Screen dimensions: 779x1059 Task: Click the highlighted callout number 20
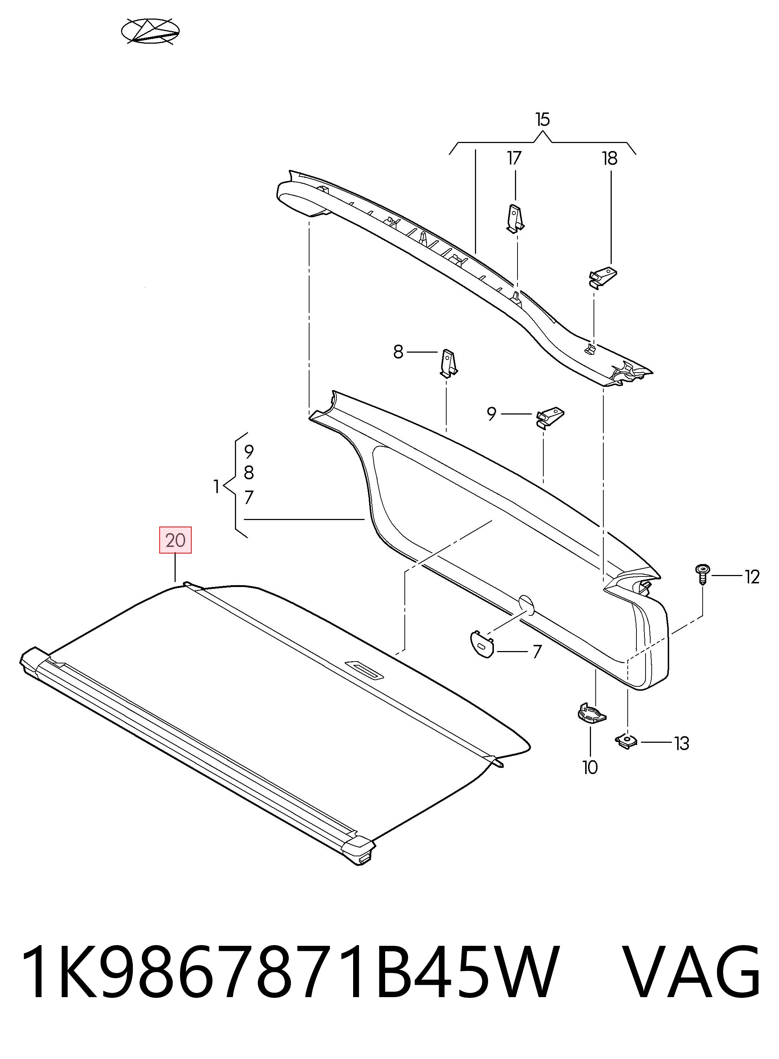pyautogui.click(x=175, y=540)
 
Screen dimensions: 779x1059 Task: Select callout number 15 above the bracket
pyautogui.click(x=542, y=119)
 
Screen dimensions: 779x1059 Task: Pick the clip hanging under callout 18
pyautogui.click(x=603, y=277)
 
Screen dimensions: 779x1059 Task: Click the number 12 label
pyautogui.click(x=752, y=577)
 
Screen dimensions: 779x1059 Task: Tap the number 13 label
pyautogui.click(x=682, y=744)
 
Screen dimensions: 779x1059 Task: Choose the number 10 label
pyautogui.click(x=590, y=768)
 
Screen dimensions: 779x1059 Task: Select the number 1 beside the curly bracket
pyautogui.click(x=216, y=486)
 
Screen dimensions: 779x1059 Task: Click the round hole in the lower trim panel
pyautogui.click(x=526, y=606)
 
